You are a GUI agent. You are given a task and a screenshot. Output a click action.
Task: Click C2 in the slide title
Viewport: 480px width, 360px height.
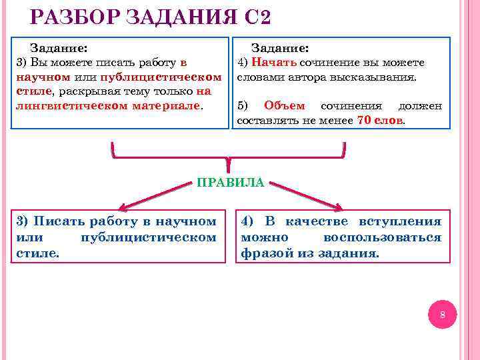(258, 17)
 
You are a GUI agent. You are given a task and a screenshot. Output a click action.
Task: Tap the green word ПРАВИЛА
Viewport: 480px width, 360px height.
(231, 182)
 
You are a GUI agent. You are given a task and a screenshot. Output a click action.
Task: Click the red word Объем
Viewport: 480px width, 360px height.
(284, 105)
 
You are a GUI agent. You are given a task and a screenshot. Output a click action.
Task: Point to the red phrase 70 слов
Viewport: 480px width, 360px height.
(381, 120)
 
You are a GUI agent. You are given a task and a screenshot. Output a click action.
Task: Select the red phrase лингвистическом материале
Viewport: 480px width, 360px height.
(107, 105)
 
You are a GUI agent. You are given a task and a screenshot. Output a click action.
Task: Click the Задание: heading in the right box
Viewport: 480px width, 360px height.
(279, 48)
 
